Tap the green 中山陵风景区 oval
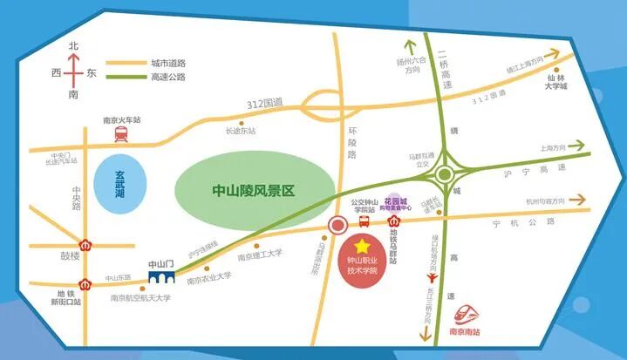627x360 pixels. pos(255,188)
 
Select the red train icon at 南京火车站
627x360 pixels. pos(120,133)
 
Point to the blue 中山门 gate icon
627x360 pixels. pos(161,278)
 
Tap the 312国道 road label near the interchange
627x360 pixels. pos(271,102)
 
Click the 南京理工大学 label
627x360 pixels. pos(260,255)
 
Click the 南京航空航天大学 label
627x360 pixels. pos(140,297)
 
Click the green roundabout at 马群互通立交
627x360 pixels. pos(445,173)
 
